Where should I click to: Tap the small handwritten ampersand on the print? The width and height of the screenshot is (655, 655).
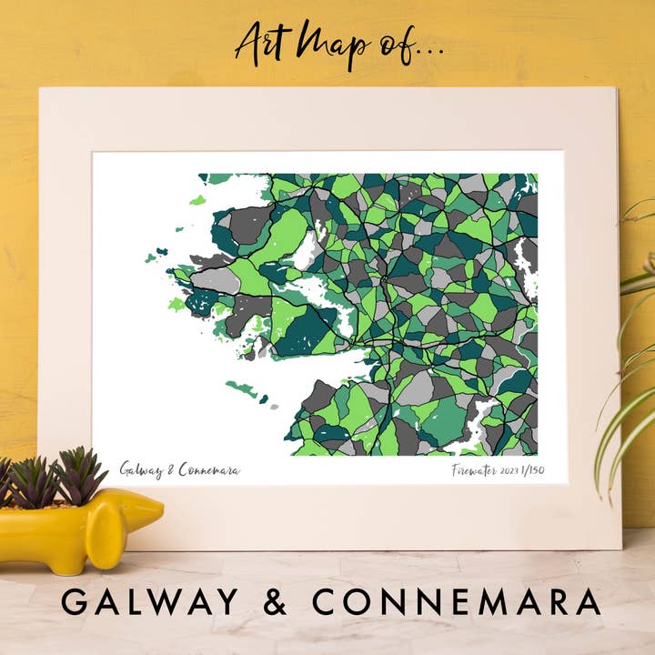172,470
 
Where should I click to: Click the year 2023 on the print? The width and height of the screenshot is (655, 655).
514,471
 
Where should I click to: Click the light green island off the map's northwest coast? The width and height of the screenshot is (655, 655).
197,200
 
